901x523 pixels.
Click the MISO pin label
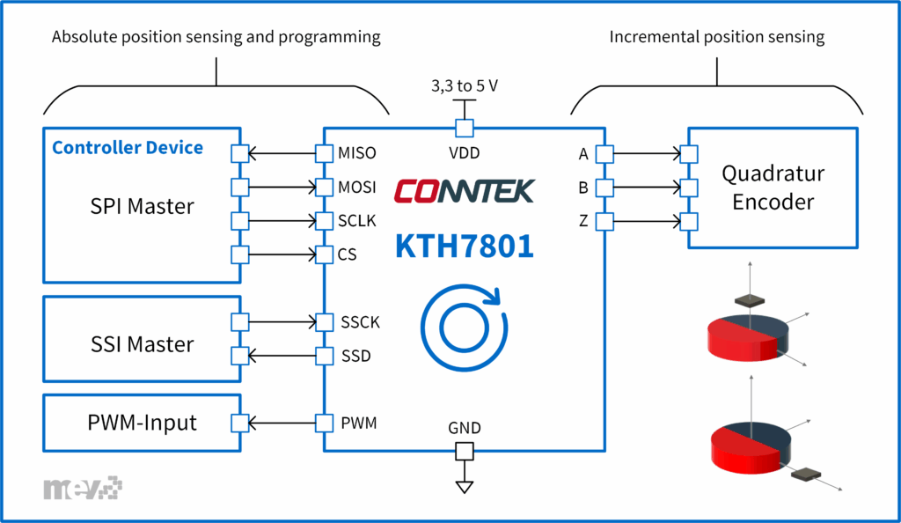[356, 153]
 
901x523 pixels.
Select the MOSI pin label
[357, 187]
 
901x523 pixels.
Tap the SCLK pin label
[356, 220]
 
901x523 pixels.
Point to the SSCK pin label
[360, 322]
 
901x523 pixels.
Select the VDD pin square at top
[464, 129]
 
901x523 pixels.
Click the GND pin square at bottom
[464, 452]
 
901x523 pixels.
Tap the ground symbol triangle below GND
[464, 486]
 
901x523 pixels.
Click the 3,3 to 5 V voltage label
[465, 87]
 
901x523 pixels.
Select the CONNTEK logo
[464, 190]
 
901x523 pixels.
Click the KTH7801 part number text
[464, 246]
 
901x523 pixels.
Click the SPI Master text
[143, 206]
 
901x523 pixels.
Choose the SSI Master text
[143, 343]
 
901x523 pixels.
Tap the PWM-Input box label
[143, 424]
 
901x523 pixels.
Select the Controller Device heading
[128, 147]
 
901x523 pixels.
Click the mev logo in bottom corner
[83, 487]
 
